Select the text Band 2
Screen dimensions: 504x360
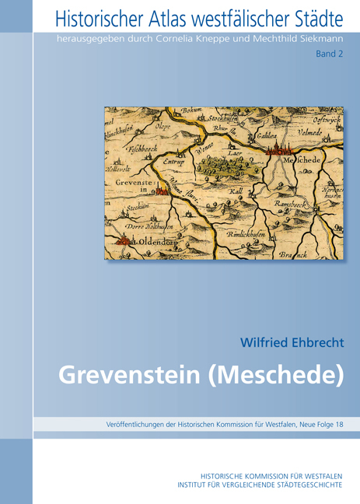330,55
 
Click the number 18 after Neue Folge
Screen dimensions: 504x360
337,424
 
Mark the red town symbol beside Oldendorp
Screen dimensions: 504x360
123,241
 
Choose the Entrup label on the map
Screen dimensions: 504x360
177,162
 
